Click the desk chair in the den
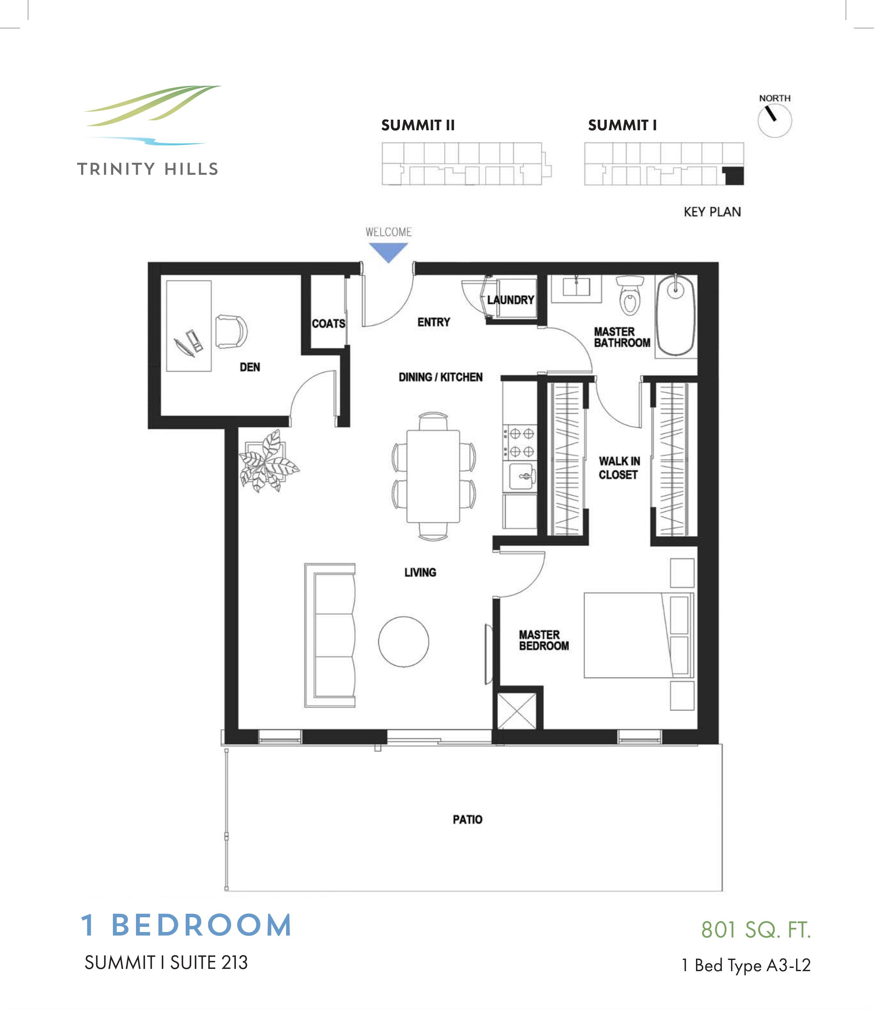coord(232,332)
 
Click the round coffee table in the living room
coord(403,642)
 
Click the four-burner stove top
coord(521,442)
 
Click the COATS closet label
coord(328,323)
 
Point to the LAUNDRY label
coord(511,300)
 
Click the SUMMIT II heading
coord(418,125)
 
